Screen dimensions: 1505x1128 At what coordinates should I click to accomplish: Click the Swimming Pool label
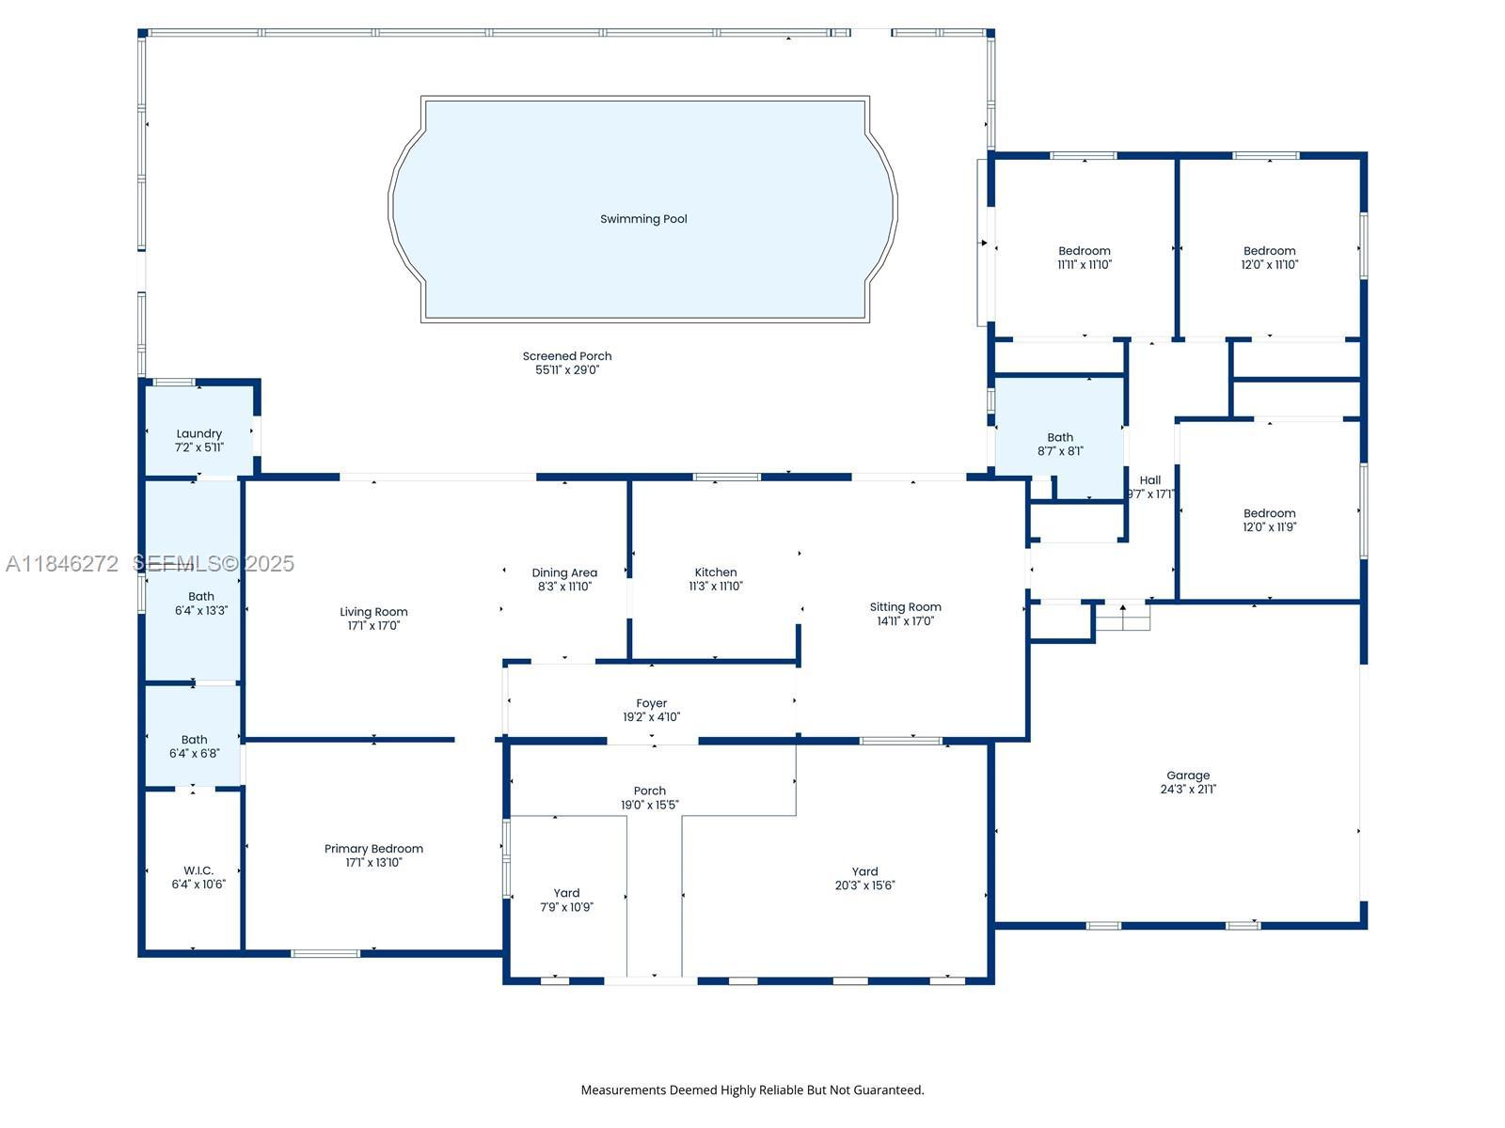point(643,219)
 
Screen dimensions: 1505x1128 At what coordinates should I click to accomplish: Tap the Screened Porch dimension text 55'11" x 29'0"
point(567,369)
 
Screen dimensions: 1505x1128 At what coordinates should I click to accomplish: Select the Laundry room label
point(198,434)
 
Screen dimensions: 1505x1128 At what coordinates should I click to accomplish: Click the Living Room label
point(373,612)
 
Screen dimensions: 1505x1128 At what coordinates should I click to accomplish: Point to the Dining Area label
point(564,572)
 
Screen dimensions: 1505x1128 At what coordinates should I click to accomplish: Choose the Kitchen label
point(716,572)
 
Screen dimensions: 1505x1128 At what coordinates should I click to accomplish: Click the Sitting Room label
point(905,607)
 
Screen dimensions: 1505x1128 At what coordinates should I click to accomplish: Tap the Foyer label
point(651,703)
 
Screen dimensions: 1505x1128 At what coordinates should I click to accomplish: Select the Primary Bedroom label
point(373,849)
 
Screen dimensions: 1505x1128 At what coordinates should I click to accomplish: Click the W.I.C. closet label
point(198,870)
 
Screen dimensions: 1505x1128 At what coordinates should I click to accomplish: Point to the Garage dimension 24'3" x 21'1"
point(1188,789)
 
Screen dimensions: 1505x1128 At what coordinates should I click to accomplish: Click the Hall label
point(1150,480)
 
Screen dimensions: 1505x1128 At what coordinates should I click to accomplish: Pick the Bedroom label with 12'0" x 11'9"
point(1270,513)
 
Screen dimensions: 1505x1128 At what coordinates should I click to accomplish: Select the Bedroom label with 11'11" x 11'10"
point(1085,251)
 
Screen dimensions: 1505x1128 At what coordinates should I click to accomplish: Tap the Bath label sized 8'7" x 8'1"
point(1060,437)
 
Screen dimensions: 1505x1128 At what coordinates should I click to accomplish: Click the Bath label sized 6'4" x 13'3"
point(201,597)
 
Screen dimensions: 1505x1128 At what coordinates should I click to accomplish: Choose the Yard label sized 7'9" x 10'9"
point(566,893)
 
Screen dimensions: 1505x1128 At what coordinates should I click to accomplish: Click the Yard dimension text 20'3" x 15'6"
point(864,885)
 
